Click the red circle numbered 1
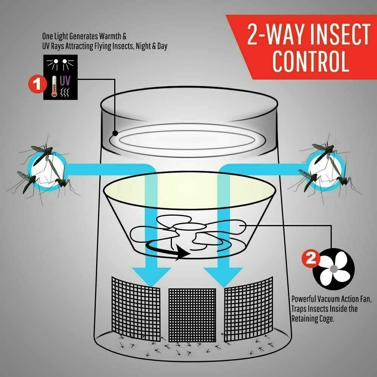pyautogui.click(x=37, y=84)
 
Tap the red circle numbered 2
pyautogui.click(x=311, y=259)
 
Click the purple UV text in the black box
pyautogui.click(x=65, y=81)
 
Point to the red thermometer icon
pyautogui.click(x=54, y=86)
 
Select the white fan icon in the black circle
pyautogui.click(x=334, y=269)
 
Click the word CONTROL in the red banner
pyautogui.click(x=310, y=61)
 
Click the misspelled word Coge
pyautogui.click(x=326, y=319)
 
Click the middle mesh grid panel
pyautogui.click(x=192, y=315)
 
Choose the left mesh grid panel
pyautogui.click(x=136, y=309)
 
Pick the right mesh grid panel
pyautogui.click(x=248, y=309)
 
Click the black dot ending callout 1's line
pyautogui.click(x=115, y=133)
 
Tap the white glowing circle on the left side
pyautogui.click(x=48, y=170)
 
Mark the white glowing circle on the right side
pyautogui.click(x=325, y=170)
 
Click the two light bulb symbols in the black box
pyautogui.click(x=60, y=63)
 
